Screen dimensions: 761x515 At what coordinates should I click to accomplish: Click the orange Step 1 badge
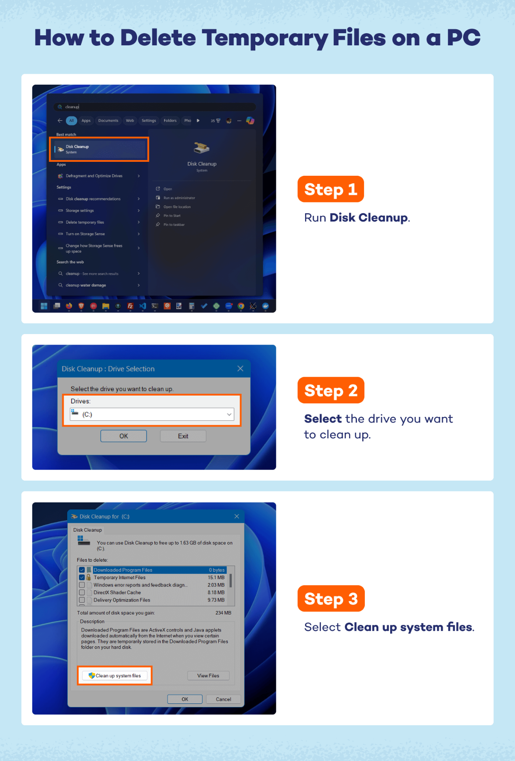pyautogui.click(x=330, y=189)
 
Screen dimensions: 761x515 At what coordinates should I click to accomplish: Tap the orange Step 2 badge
pyautogui.click(x=331, y=390)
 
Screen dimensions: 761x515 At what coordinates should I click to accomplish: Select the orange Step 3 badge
pyautogui.click(x=331, y=599)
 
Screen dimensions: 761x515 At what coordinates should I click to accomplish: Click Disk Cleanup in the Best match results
pyautogui.click(x=99, y=149)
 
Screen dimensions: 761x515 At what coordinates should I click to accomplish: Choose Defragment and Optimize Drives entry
pyautogui.click(x=94, y=176)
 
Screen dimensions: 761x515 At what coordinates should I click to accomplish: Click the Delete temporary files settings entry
pyautogui.click(x=85, y=222)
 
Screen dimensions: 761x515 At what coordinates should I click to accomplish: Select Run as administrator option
pyautogui.click(x=179, y=198)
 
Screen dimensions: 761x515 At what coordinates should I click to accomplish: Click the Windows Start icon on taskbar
pyautogui.click(x=44, y=306)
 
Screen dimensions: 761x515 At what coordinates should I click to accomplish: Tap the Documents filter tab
pyautogui.click(x=108, y=121)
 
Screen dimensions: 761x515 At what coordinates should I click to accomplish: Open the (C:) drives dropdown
pyautogui.click(x=152, y=414)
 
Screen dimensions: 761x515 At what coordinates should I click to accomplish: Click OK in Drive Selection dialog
pyautogui.click(x=124, y=436)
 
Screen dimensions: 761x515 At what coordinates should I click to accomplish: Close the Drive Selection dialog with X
pyautogui.click(x=240, y=369)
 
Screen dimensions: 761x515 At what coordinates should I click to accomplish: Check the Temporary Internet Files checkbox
pyautogui.click(x=82, y=577)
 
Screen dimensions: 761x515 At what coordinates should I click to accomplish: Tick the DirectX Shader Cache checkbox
pyautogui.click(x=82, y=593)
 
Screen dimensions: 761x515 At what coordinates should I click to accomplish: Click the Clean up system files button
pyautogui.click(x=115, y=676)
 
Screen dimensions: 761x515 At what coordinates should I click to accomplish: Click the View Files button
pyautogui.click(x=208, y=676)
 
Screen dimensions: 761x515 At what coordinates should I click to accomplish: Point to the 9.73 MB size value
pyautogui.click(x=216, y=600)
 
